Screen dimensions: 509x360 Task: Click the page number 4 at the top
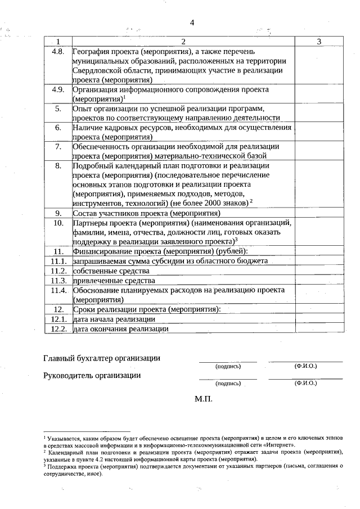pos(192,22)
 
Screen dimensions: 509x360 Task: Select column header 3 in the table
pos(318,42)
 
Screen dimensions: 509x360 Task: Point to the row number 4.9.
pos(58,89)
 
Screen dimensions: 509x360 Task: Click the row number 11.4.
pos(58,290)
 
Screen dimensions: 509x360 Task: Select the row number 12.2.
pos(58,329)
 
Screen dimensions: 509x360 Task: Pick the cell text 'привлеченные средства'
pos(110,280)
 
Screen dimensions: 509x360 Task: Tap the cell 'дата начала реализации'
pos(110,319)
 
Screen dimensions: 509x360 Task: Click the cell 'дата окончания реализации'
pos(116,329)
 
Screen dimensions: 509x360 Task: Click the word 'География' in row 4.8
pos(91,52)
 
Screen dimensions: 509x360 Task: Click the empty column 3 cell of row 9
pos(318,213)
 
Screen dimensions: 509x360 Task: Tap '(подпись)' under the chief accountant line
pos(228,366)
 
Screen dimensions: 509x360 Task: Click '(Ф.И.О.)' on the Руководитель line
pos(305,383)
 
